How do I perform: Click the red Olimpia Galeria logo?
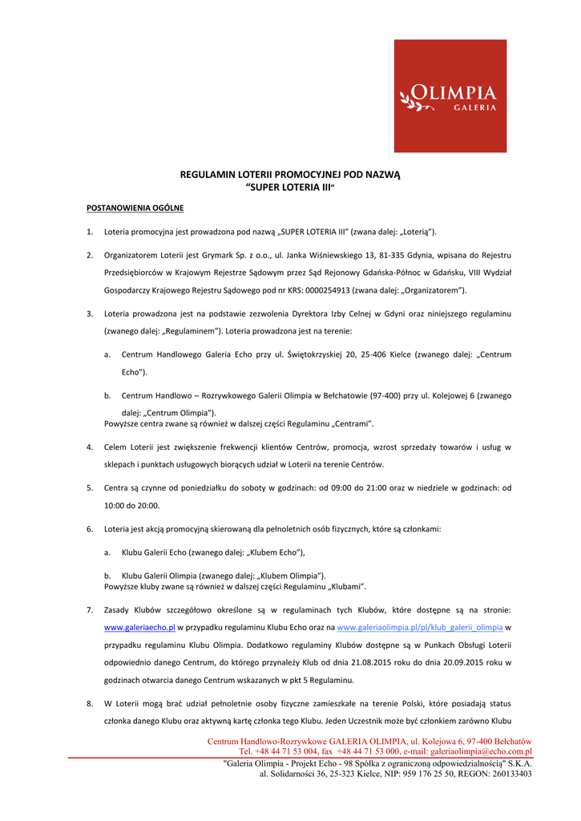(x=450, y=95)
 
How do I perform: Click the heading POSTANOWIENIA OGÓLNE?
(x=135, y=208)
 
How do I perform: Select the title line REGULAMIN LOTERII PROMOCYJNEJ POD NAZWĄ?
(x=289, y=174)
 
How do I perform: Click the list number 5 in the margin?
(x=90, y=487)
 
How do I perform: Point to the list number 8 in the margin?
(x=90, y=703)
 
